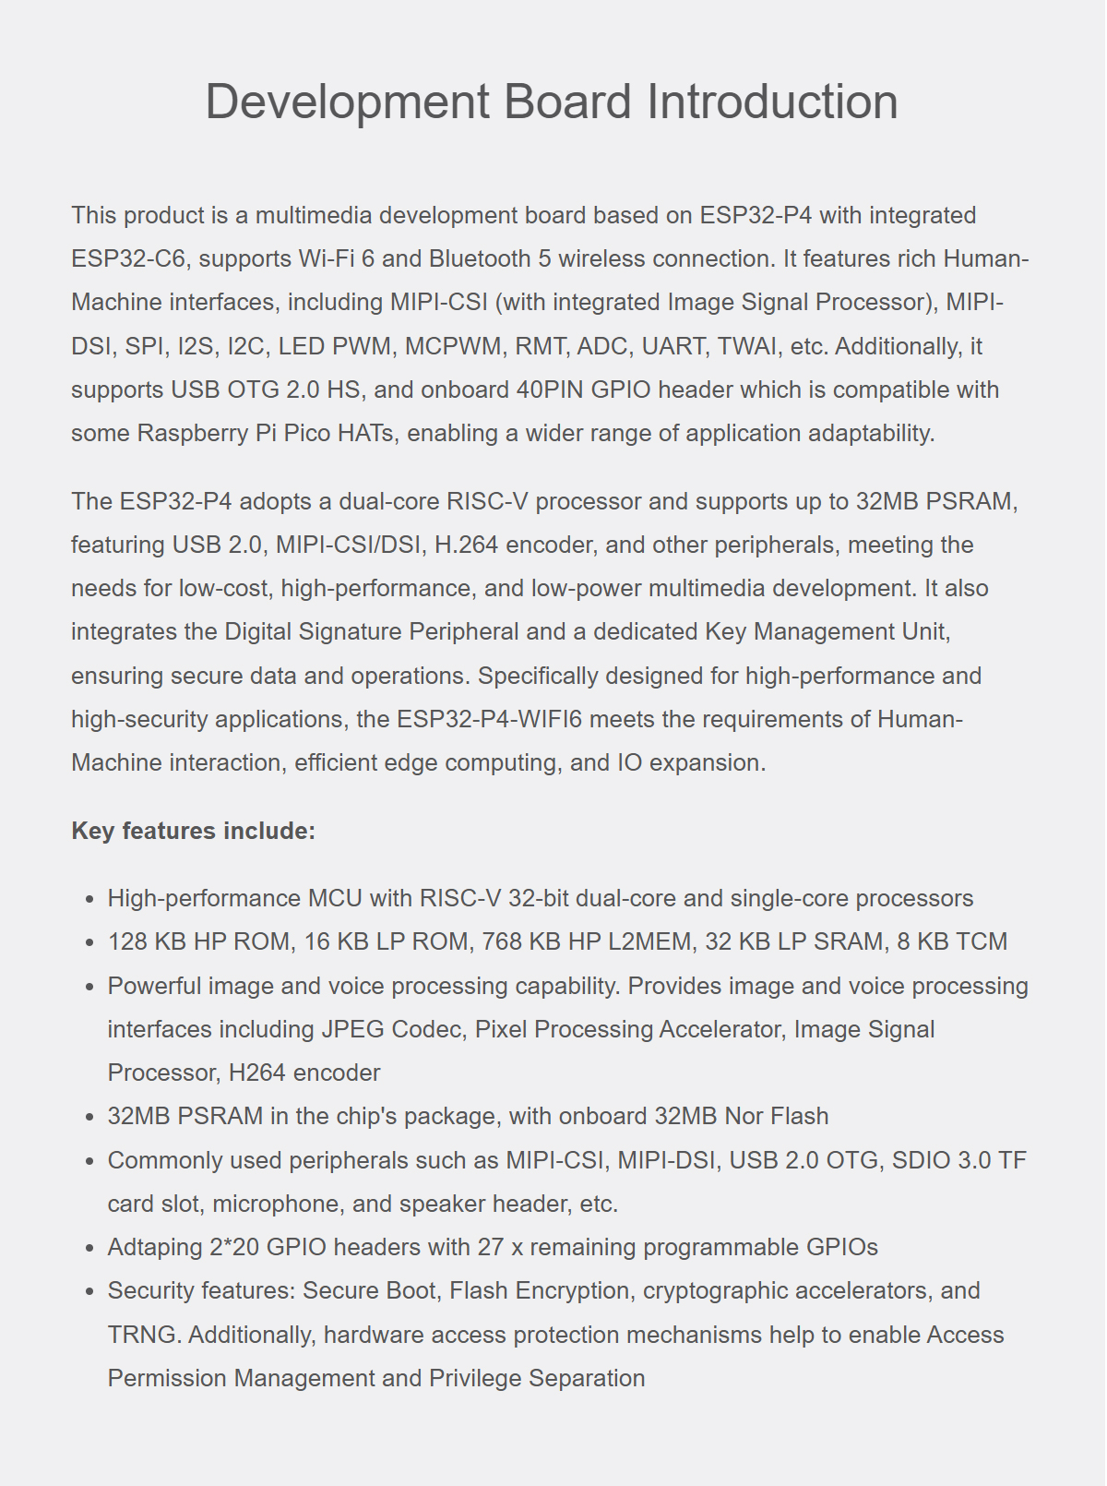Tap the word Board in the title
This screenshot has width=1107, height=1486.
point(567,102)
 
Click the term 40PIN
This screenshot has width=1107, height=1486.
point(550,389)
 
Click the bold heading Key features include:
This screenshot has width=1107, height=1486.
point(193,831)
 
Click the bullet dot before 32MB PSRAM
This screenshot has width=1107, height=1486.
point(89,1117)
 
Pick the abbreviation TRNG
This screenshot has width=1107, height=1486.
point(141,1335)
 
